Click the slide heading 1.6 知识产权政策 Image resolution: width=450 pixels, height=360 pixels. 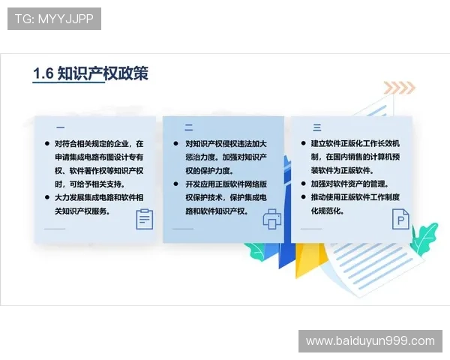(x=91, y=73)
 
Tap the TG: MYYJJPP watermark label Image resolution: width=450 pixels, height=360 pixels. (x=54, y=19)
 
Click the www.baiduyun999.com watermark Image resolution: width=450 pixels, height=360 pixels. (x=370, y=340)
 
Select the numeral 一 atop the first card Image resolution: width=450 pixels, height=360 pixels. (x=60, y=127)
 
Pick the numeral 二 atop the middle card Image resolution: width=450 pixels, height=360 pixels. (x=189, y=127)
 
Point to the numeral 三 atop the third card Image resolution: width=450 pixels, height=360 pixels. (x=316, y=127)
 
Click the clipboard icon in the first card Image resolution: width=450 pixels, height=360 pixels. (x=144, y=219)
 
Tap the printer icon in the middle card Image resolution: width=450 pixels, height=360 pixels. (x=271, y=219)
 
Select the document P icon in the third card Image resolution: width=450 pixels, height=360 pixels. (x=400, y=219)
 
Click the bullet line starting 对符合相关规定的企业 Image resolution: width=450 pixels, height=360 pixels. (x=99, y=143)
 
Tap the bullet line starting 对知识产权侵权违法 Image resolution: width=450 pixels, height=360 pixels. (x=226, y=143)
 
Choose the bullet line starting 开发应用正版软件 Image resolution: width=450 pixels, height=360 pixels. (x=226, y=184)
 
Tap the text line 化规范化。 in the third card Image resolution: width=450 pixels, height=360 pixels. (x=327, y=211)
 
